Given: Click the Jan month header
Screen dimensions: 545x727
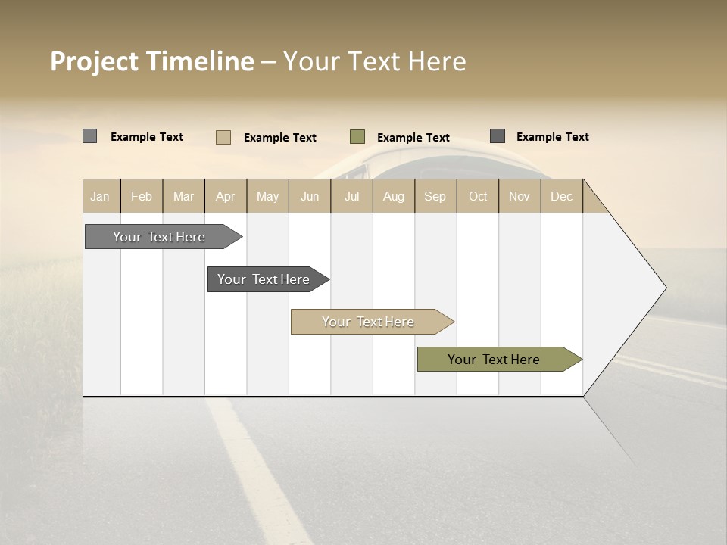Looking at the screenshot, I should (100, 196).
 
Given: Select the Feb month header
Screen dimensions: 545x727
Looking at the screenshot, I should (142, 196).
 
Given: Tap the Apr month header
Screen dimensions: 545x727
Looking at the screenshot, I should (225, 196).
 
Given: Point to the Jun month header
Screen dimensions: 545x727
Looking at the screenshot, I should (310, 196).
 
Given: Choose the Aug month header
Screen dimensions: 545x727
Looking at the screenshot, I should (394, 196).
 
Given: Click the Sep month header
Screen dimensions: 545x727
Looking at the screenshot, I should (435, 196).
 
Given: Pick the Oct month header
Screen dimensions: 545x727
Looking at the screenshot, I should (478, 196).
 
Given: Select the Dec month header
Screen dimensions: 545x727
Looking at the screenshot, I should (561, 196).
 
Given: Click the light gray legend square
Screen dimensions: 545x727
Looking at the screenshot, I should (89, 136).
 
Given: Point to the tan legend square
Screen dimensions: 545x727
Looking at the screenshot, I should (223, 137).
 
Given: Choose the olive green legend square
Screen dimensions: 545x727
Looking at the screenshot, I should (357, 137).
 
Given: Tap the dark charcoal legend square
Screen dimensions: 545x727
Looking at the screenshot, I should (497, 136).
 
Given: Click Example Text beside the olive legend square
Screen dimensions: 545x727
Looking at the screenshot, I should (413, 138).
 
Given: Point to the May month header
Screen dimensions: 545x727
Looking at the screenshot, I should (267, 196).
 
